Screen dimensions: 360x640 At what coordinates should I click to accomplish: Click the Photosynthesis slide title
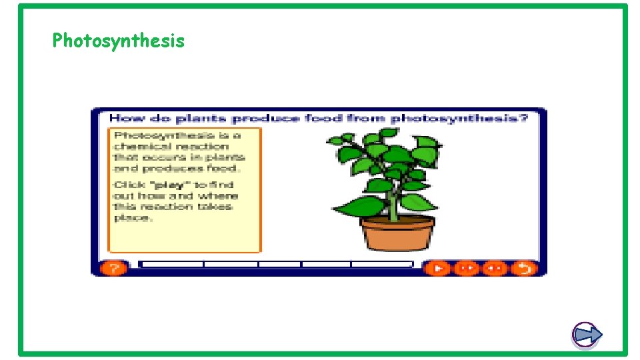coord(118,41)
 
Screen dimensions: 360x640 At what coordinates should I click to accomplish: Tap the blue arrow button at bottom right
coord(587,335)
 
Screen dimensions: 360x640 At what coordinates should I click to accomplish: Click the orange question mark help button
coord(114,268)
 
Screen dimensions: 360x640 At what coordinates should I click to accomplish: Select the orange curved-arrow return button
coord(524,268)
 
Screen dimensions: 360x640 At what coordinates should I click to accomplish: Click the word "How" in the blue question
coord(122,118)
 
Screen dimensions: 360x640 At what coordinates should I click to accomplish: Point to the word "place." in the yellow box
coord(132,218)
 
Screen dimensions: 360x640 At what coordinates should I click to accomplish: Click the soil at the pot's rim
coord(397,221)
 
